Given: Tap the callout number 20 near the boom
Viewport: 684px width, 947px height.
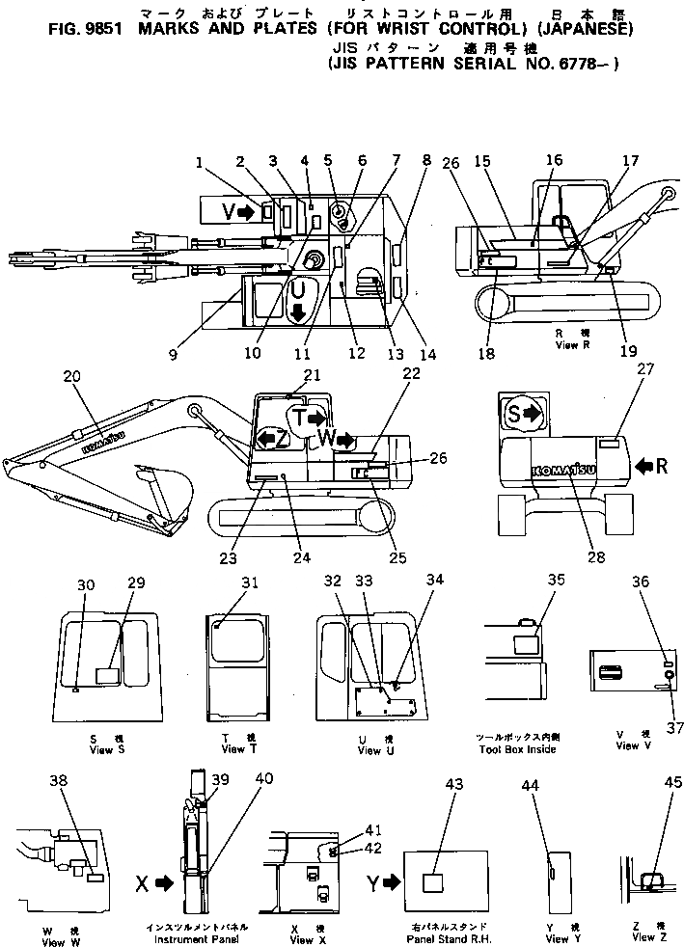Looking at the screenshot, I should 69,378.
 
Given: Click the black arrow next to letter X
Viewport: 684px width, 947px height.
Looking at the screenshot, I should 162,881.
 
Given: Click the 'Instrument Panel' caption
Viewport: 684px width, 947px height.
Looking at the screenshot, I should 209,939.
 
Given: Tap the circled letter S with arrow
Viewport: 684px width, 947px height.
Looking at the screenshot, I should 522,415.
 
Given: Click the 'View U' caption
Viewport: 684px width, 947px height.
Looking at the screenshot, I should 370,750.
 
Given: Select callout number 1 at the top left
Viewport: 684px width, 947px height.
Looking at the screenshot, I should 197,163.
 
